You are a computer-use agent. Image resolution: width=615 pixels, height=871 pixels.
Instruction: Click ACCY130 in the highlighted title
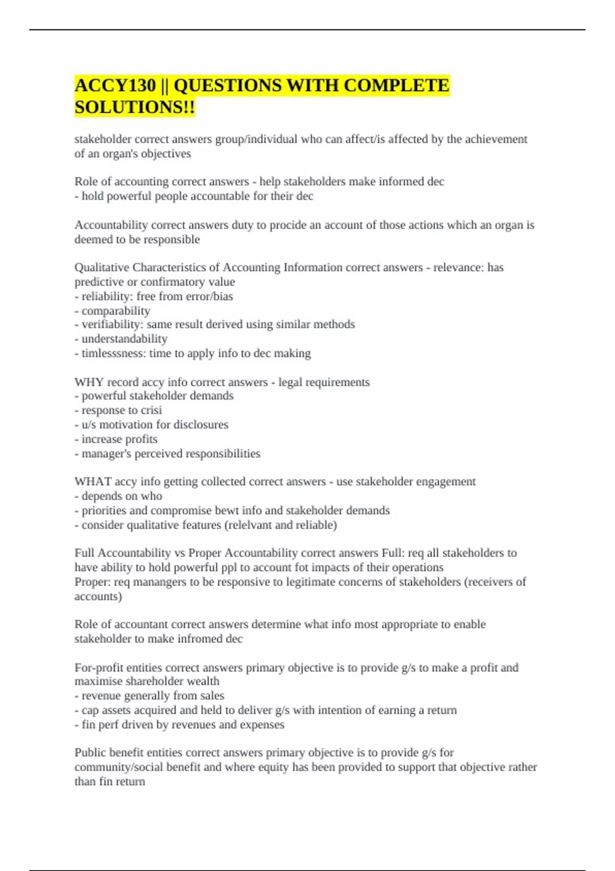(115, 86)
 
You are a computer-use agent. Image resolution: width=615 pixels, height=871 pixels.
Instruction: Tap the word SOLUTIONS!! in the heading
(134, 108)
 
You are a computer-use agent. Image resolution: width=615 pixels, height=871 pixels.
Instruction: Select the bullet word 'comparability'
(116, 310)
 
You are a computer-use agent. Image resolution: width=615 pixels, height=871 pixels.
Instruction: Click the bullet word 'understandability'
(125, 339)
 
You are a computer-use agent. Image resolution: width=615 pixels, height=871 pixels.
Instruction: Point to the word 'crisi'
(151, 410)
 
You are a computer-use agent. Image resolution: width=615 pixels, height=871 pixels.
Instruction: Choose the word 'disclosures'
(201, 425)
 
